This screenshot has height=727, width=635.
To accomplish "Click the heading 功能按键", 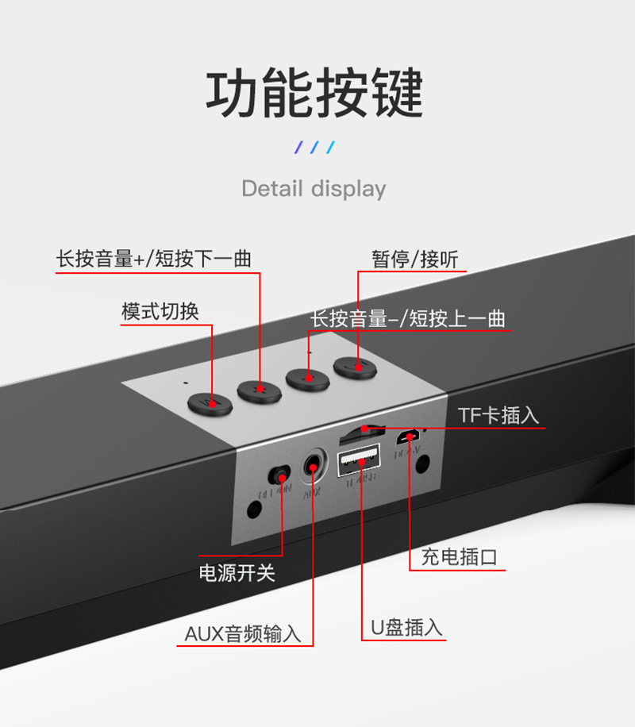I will [315, 94].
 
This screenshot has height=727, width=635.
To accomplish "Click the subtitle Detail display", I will [314, 189].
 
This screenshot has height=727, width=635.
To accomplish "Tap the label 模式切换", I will [160, 311].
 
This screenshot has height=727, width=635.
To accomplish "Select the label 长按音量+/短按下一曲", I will [153, 259].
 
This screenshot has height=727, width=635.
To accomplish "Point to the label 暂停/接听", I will [414, 260].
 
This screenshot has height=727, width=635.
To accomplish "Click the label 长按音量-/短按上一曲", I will [407, 318].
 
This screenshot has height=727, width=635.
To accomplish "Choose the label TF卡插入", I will [498, 415].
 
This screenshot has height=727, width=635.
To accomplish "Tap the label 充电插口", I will [459, 557].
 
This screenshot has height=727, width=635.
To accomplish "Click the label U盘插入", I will [406, 627].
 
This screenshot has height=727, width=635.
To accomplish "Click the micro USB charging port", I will [410, 436].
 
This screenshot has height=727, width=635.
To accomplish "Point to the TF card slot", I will [361, 433].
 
